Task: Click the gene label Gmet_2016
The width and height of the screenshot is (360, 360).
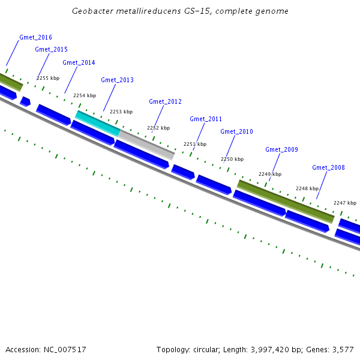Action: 35,37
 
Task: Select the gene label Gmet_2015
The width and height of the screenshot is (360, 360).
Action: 51,49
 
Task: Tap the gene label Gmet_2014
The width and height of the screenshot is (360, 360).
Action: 79,62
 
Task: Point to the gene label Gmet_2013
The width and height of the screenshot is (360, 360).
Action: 117,80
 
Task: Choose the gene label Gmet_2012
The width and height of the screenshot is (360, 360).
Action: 165,101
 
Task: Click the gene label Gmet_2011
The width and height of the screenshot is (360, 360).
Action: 206,119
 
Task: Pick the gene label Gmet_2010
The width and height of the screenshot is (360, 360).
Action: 236,131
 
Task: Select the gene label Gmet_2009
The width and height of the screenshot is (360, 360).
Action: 281,149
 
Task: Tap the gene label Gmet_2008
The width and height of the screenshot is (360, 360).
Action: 328,167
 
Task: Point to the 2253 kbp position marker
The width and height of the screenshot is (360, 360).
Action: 121,112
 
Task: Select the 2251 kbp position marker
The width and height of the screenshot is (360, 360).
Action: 195,144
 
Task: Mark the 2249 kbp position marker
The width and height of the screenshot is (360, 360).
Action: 270,174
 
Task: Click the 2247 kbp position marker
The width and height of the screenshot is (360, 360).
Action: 345,203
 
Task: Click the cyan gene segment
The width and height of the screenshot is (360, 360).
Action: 97,122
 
